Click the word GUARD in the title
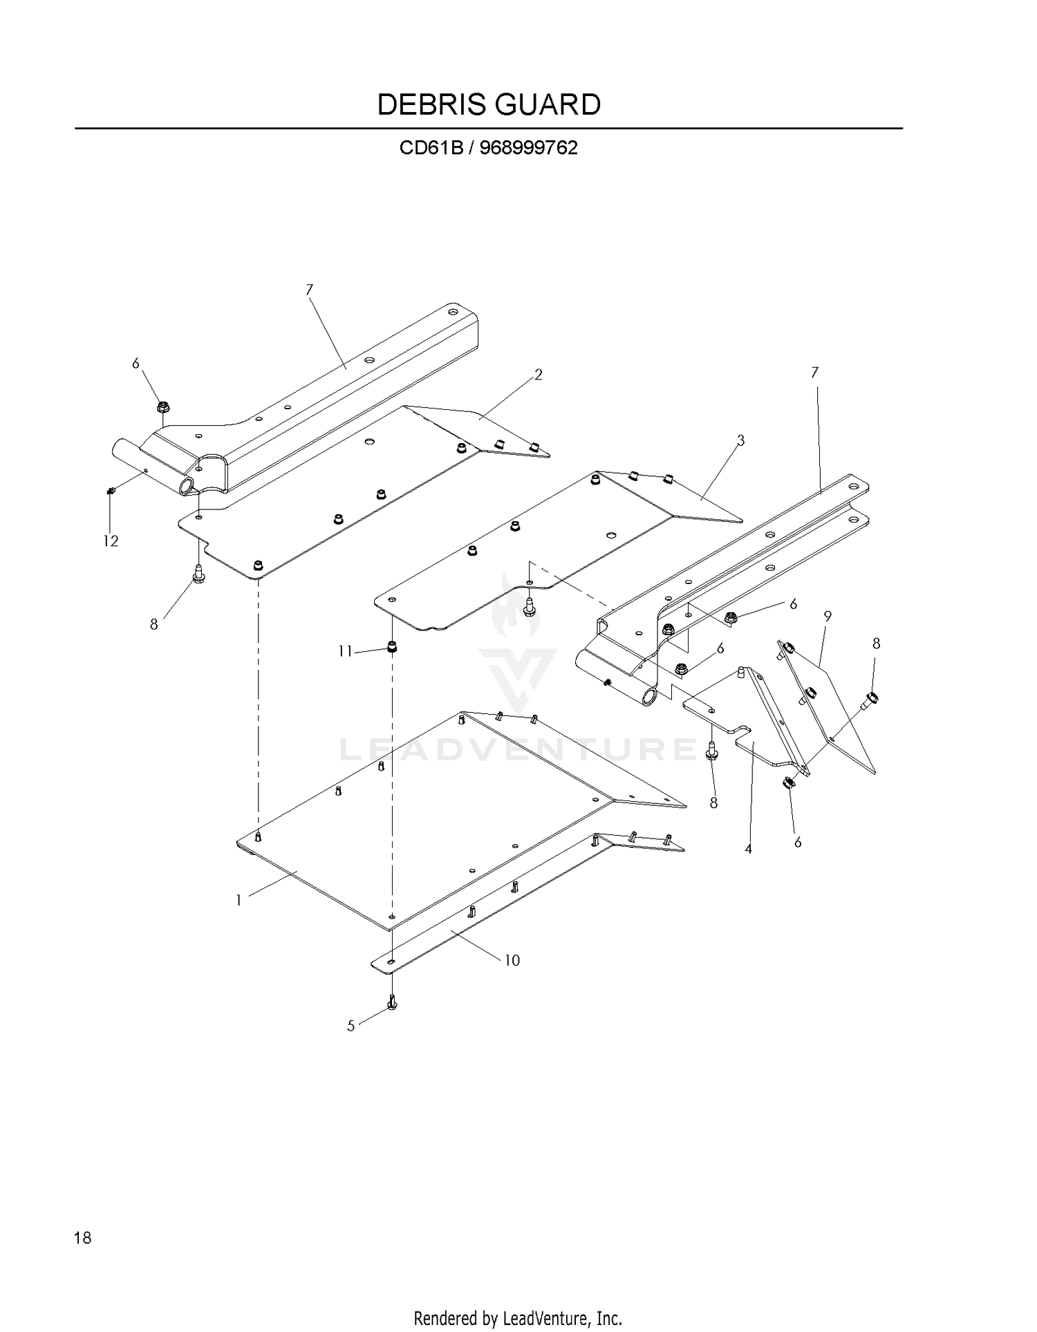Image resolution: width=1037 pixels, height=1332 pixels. click(547, 104)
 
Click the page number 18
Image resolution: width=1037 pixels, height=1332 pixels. click(82, 1237)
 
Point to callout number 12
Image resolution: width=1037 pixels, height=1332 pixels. click(111, 541)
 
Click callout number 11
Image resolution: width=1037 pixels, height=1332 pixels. click(346, 651)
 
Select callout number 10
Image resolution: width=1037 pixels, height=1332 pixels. click(512, 960)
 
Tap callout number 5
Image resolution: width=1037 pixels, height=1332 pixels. click(351, 1026)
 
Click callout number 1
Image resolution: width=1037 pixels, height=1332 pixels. click(239, 901)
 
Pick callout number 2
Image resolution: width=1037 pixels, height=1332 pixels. click(538, 375)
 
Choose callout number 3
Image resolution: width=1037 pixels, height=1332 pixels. click(740, 440)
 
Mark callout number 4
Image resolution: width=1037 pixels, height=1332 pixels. click(748, 849)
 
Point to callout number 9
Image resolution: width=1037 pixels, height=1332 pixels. click(828, 615)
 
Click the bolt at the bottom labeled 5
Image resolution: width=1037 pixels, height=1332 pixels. click(392, 1002)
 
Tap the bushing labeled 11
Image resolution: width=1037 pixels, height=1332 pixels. click(393, 648)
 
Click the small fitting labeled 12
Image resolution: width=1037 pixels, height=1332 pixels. click(111, 491)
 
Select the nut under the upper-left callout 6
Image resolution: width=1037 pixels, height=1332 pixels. click(163, 406)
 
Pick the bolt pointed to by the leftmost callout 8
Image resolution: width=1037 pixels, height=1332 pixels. click(198, 573)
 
